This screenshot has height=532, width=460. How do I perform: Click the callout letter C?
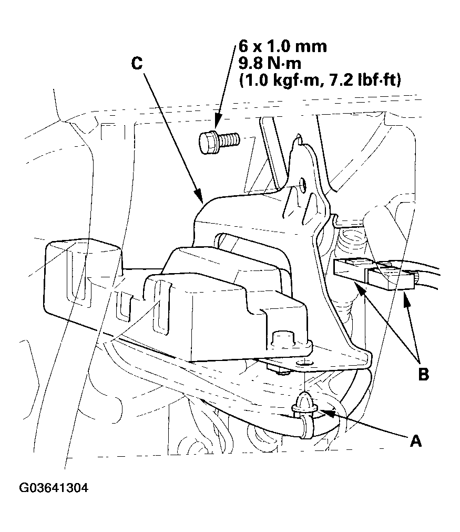(136, 64)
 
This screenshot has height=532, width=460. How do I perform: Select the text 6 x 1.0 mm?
(282, 46)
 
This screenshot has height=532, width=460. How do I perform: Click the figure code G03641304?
(54, 488)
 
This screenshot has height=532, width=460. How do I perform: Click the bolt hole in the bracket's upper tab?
(302, 184)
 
